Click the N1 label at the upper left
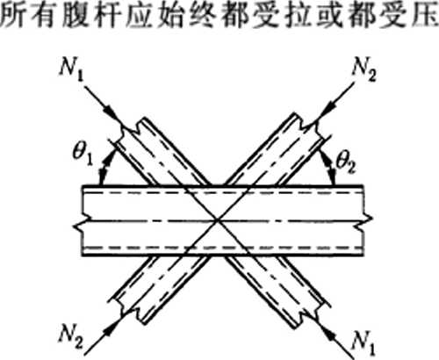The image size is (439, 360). [x=71, y=70]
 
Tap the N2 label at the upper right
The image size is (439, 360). [x=363, y=70]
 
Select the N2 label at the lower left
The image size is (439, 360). [x=70, y=336]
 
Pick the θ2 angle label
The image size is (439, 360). [x=346, y=162]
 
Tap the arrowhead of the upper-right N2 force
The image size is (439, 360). [x=328, y=109]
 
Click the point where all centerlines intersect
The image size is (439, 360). [x=217, y=220]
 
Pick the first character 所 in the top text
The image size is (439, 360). [x=11, y=15]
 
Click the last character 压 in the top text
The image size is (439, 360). [x=428, y=15]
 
